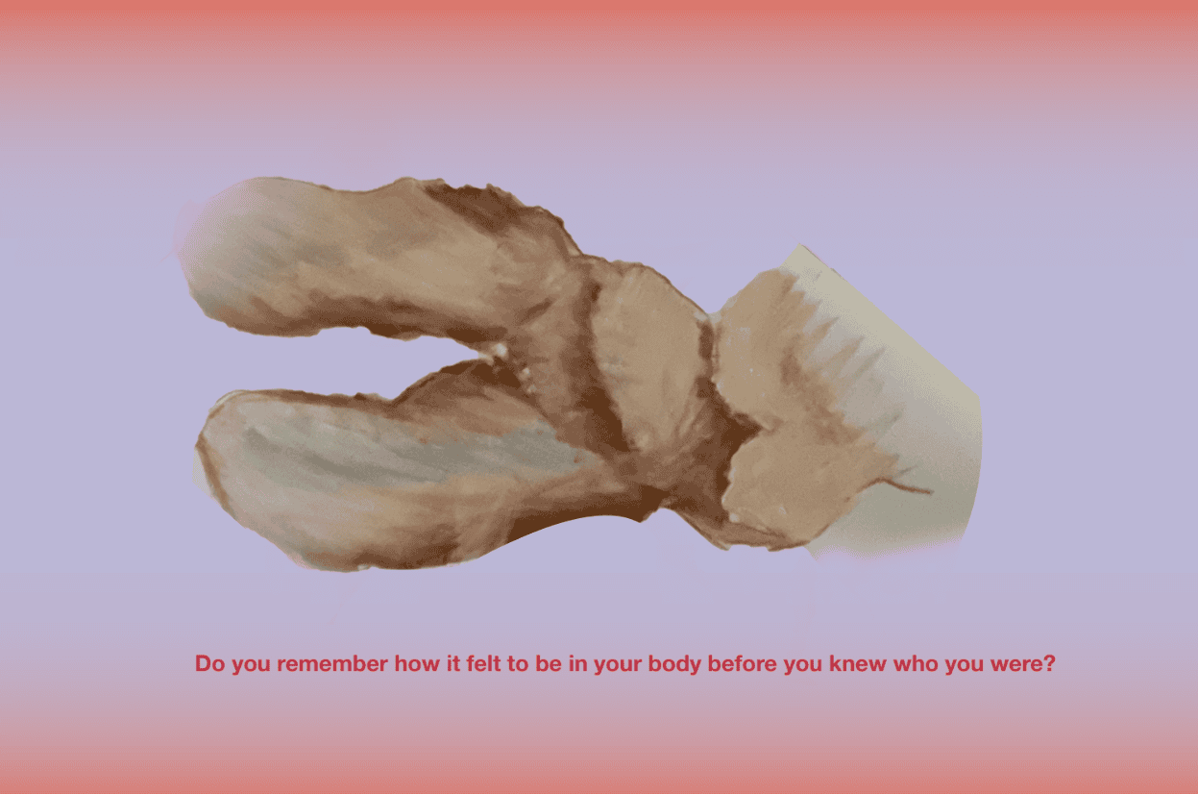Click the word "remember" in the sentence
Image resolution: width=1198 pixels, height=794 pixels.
(332, 663)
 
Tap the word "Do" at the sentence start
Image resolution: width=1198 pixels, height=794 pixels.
(209, 663)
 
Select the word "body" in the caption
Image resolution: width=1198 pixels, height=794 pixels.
(674, 664)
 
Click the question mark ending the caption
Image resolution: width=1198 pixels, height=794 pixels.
(1049, 663)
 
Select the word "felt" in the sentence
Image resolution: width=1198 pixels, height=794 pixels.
(483, 663)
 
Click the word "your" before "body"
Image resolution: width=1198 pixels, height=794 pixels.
(617, 665)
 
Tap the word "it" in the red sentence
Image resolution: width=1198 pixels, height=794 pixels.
(453, 663)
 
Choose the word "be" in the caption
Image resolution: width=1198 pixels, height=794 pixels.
(549, 663)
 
